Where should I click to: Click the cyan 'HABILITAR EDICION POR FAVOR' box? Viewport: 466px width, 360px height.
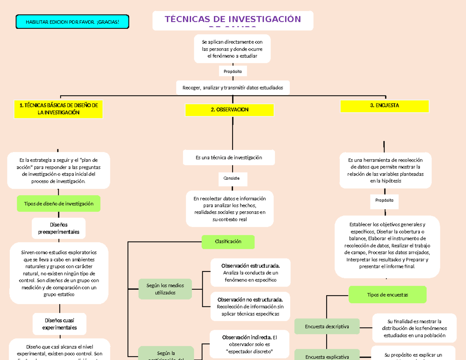point(72,22)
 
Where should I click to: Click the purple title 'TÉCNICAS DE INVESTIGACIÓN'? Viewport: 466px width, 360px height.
point(233,20)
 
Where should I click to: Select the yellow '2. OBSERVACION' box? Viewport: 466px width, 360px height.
point(230,110)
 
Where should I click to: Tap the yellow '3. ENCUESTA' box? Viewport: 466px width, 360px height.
point(384,106)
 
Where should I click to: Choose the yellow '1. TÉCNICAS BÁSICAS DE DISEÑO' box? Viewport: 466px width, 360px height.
point(58,109)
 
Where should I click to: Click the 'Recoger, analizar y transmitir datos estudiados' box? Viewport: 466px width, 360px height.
point(233,88)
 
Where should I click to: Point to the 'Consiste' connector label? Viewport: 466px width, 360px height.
point(231,178)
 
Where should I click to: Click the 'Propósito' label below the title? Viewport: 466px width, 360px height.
point(233,71)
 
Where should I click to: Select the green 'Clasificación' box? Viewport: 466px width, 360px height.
point(228,242)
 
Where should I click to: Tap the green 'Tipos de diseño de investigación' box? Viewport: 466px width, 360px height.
point(59,203)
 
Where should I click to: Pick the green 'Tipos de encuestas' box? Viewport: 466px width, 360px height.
point(388,295)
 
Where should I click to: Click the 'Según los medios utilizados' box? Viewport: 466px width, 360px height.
point(165,289)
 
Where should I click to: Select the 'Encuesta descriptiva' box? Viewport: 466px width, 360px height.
point(327,327)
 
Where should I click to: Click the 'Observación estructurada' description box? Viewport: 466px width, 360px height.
point(250,273)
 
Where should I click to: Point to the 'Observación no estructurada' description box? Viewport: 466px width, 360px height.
point(250,306)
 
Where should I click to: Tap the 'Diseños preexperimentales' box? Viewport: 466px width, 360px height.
point(59,228)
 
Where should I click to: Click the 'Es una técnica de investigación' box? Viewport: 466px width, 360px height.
point(229,158)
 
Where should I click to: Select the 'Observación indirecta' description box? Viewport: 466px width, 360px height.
point(250,344)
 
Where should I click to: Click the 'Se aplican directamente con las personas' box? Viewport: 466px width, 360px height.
point(232,49)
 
